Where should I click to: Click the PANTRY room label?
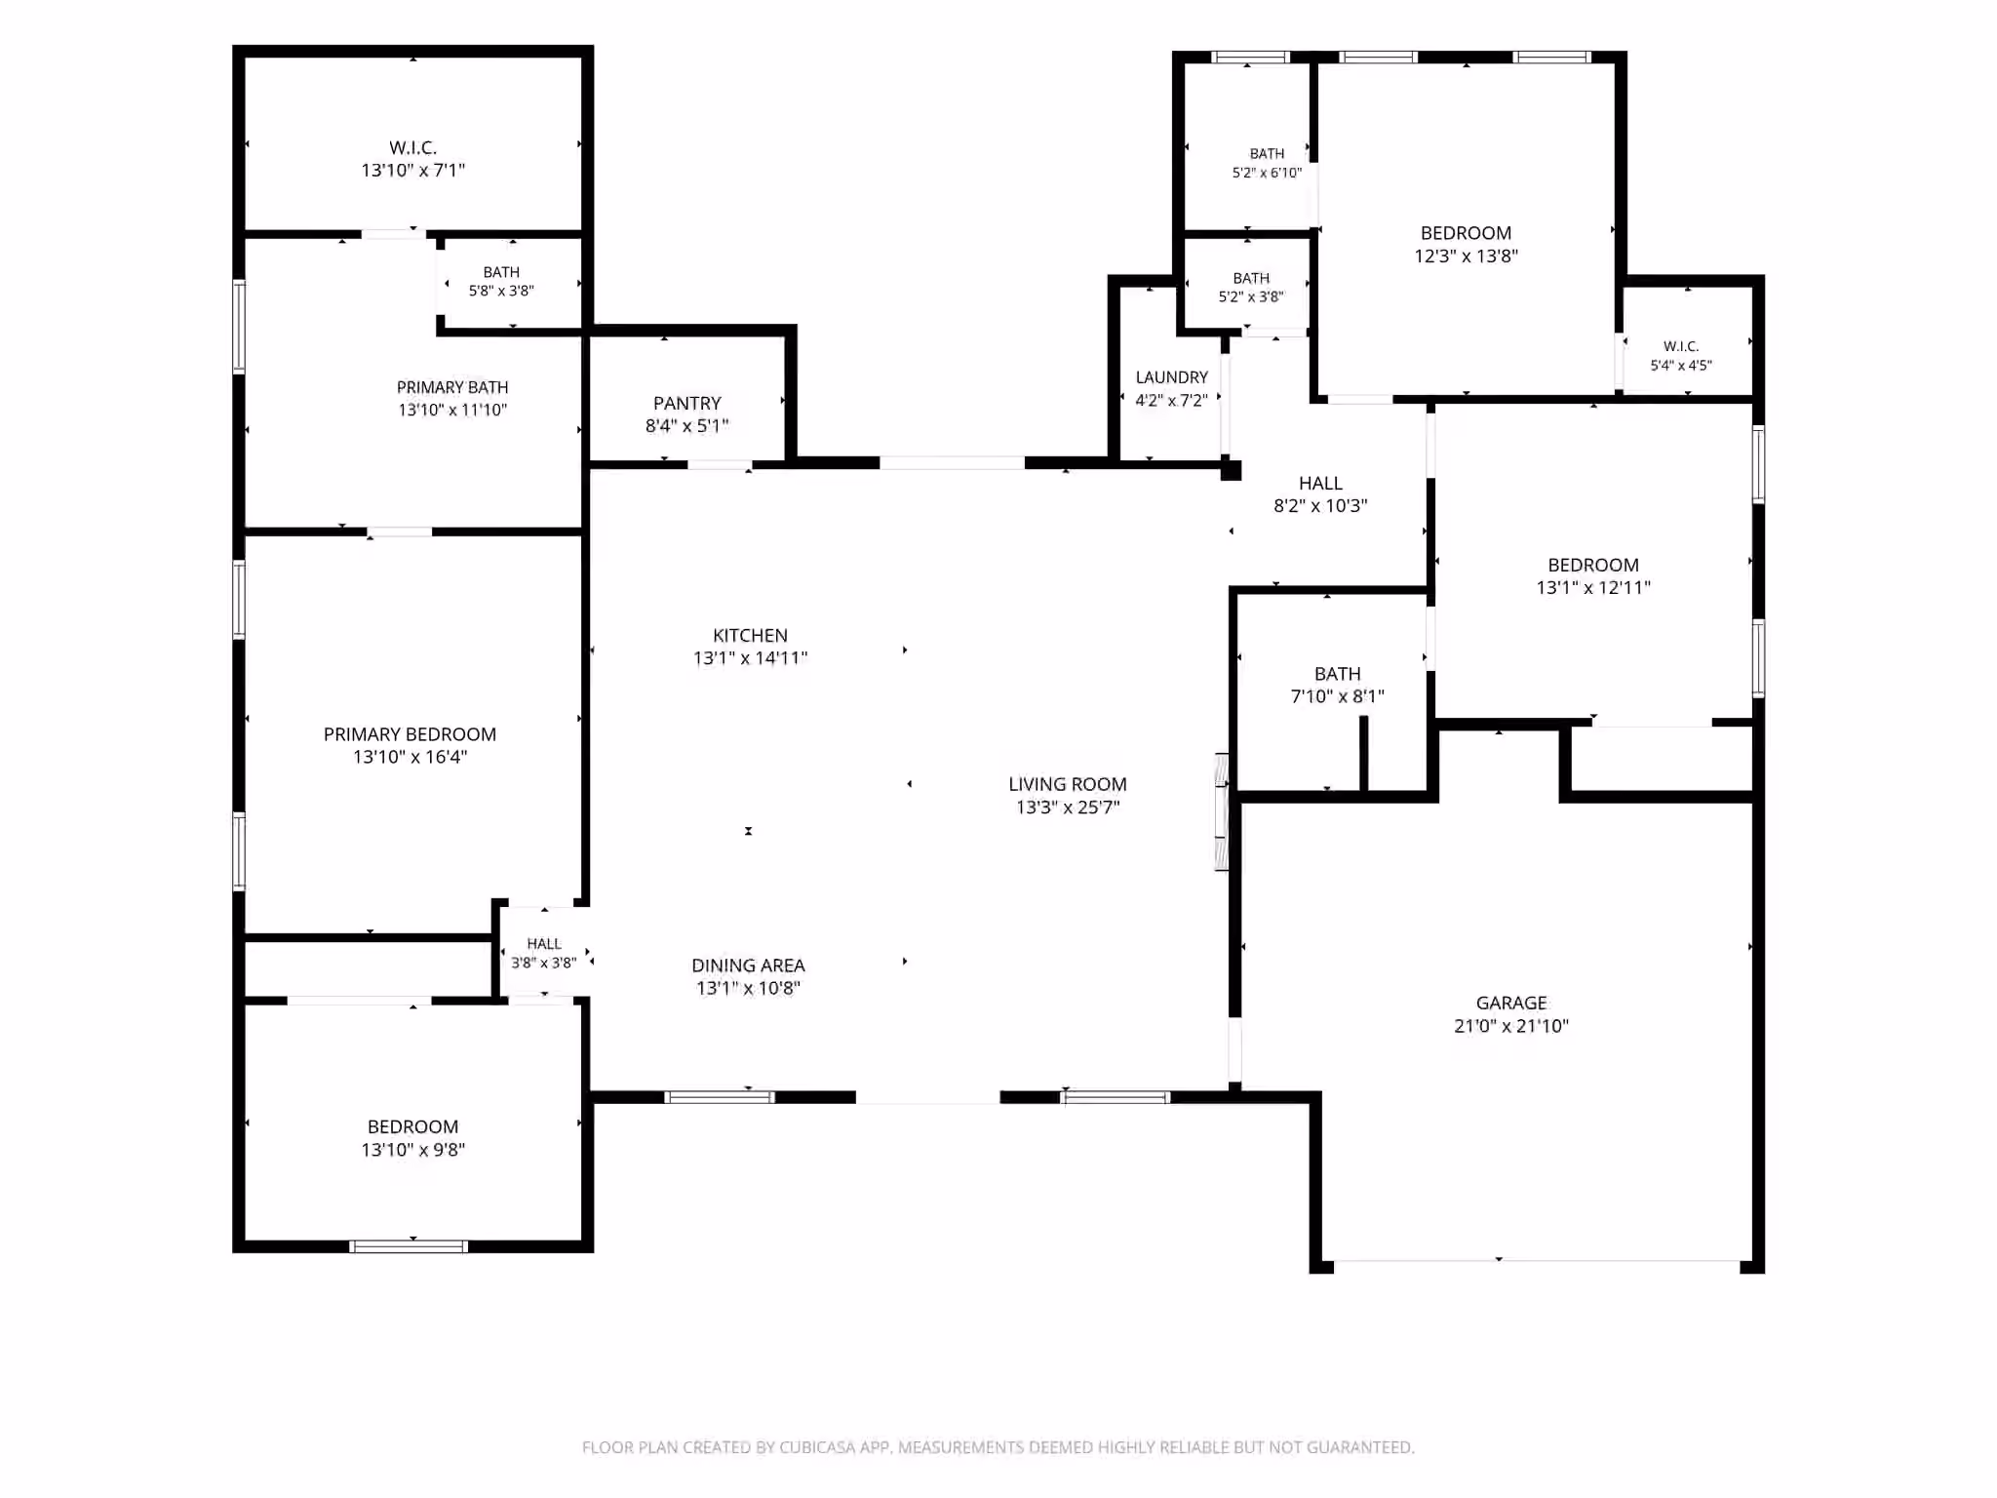click(x=687, y=403)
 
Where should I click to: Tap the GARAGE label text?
click(x=1511, y=1003)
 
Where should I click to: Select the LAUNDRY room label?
click(x=1172, y=377)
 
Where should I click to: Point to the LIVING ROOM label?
click(x=1068, y=784)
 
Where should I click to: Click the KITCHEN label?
click(x=750, y=635)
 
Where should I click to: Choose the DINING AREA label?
click(x=749, y=966)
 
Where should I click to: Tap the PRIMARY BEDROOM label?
click(x=410, y=734)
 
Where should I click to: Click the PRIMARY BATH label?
click(x=452, y=387)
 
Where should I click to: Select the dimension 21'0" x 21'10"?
click(x=1511, y=1026)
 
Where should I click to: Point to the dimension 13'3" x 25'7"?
click(x=1068, y=808)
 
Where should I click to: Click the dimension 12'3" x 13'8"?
click(x=1467, y=256)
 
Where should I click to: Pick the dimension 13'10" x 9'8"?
click(x=413, y=1150)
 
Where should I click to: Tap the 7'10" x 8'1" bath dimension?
click(x=1338, y=696)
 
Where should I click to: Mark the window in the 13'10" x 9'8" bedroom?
click(x=409, y=1246)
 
